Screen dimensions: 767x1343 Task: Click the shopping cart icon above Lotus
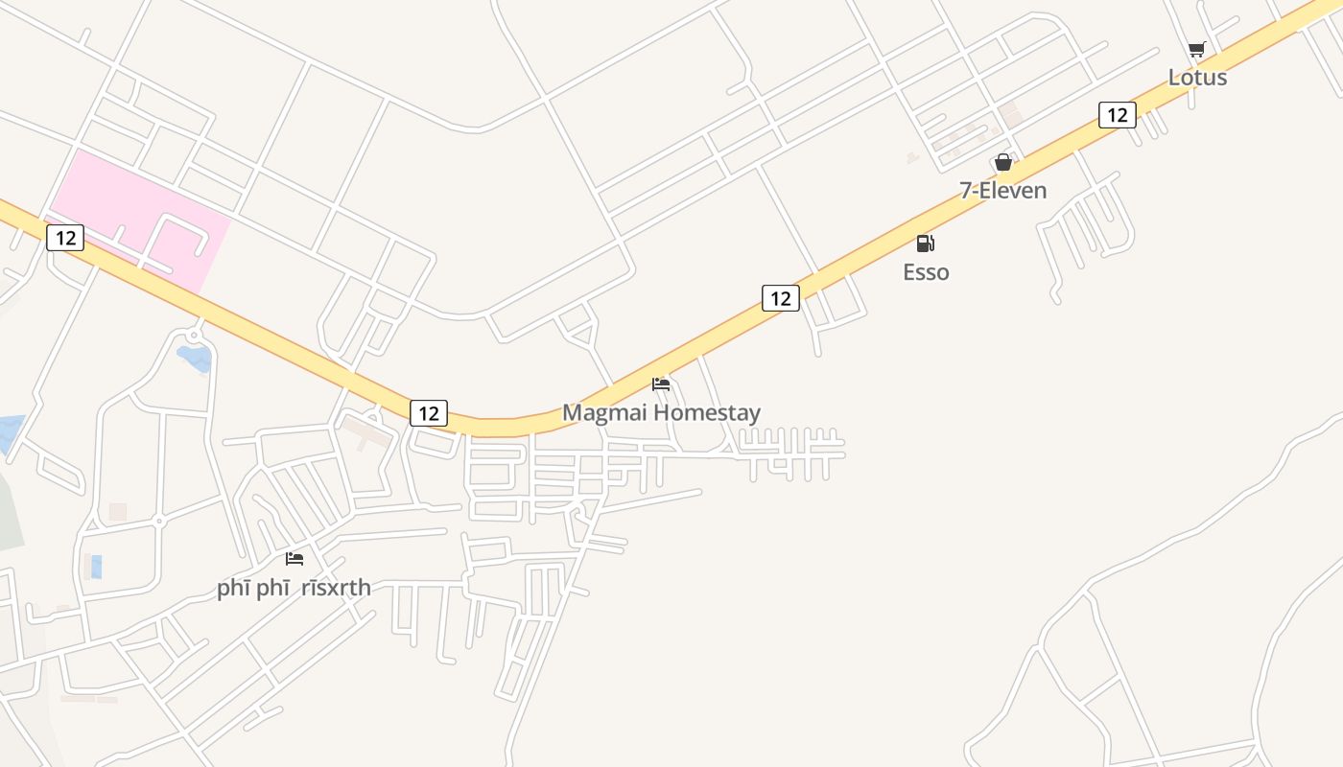1196,50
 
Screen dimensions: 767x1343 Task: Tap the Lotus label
1197,78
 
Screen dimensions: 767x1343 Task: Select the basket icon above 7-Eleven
1002,162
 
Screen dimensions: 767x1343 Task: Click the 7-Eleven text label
1003,191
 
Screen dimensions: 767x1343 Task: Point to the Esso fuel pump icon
925,244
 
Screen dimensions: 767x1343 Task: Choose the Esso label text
926,272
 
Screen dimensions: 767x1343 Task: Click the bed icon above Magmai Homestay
661,384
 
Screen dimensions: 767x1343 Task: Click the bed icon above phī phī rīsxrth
295,558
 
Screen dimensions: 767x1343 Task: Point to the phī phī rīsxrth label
294,588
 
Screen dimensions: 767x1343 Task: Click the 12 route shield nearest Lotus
1117,115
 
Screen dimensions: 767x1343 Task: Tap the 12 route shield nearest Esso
781,298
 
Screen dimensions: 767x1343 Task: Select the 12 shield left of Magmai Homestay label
429,413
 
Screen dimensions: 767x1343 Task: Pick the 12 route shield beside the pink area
65,237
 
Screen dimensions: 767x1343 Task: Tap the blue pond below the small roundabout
195,359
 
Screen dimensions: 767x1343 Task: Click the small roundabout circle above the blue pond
195,336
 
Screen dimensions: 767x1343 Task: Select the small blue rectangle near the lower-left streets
96,567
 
